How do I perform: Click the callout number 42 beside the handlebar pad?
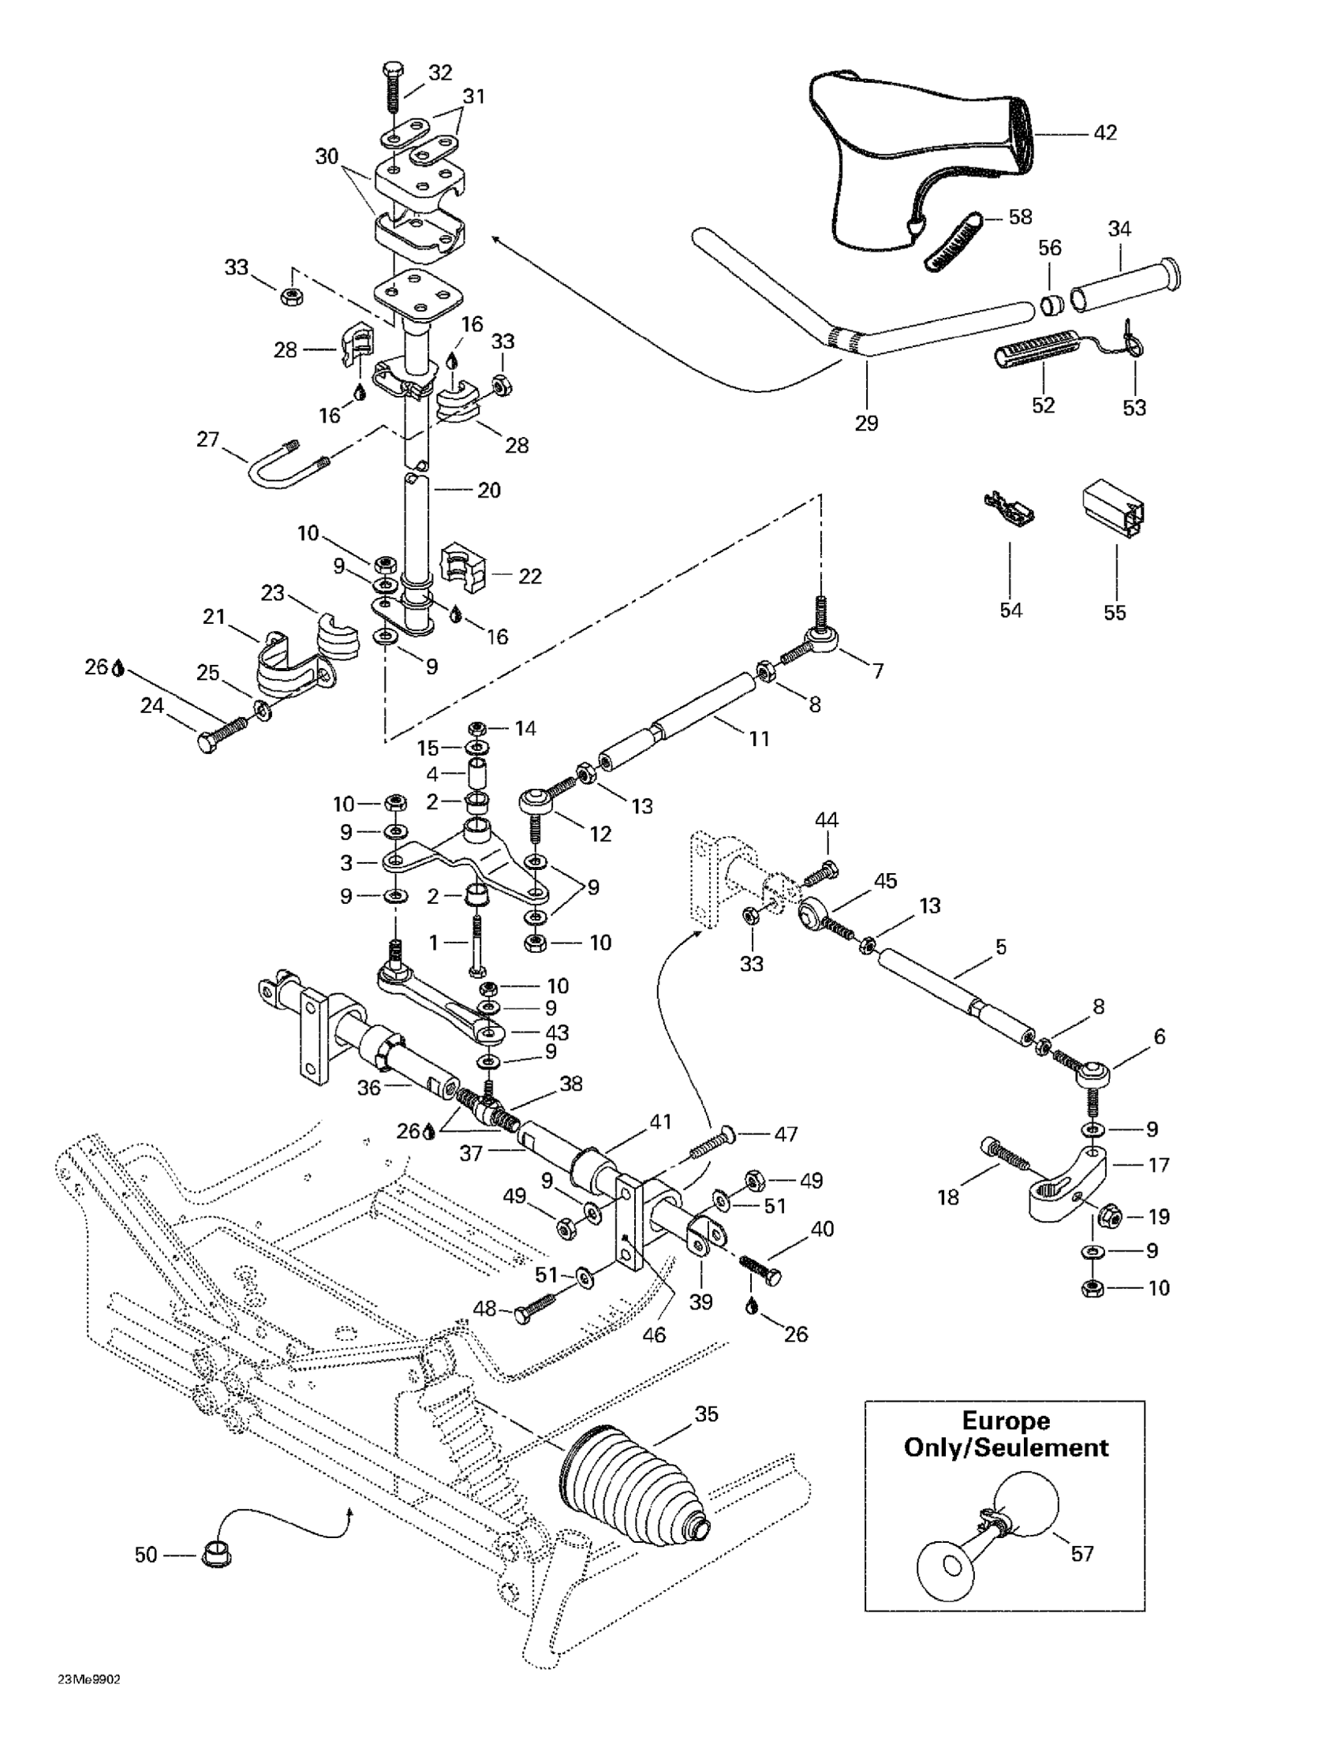1105,133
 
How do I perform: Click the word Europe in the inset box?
1006,1421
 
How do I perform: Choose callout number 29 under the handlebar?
866,423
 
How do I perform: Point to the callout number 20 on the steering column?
488,490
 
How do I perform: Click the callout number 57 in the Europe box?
1081,1553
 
